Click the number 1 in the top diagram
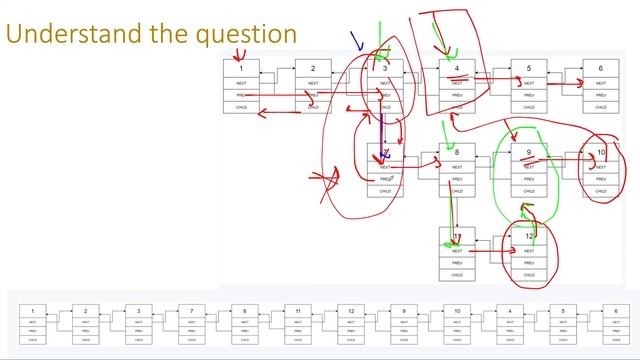(241, 68)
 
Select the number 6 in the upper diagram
(600, 68)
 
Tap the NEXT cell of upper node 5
(529, 83)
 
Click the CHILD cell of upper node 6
(600, 107)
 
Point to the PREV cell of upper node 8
(457, 179)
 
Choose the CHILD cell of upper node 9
(529, 191)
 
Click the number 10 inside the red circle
(600, 153)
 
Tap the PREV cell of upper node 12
(529, 262)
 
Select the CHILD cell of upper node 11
(457, 274)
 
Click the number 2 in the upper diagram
(313, 68)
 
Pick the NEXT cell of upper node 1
(241, 83)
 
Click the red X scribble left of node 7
(322, 181)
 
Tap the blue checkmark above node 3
(355, 40)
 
